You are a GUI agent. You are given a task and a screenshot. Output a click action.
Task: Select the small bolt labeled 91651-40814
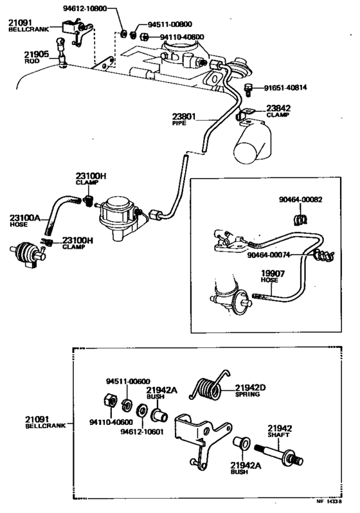click(248, 87)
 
